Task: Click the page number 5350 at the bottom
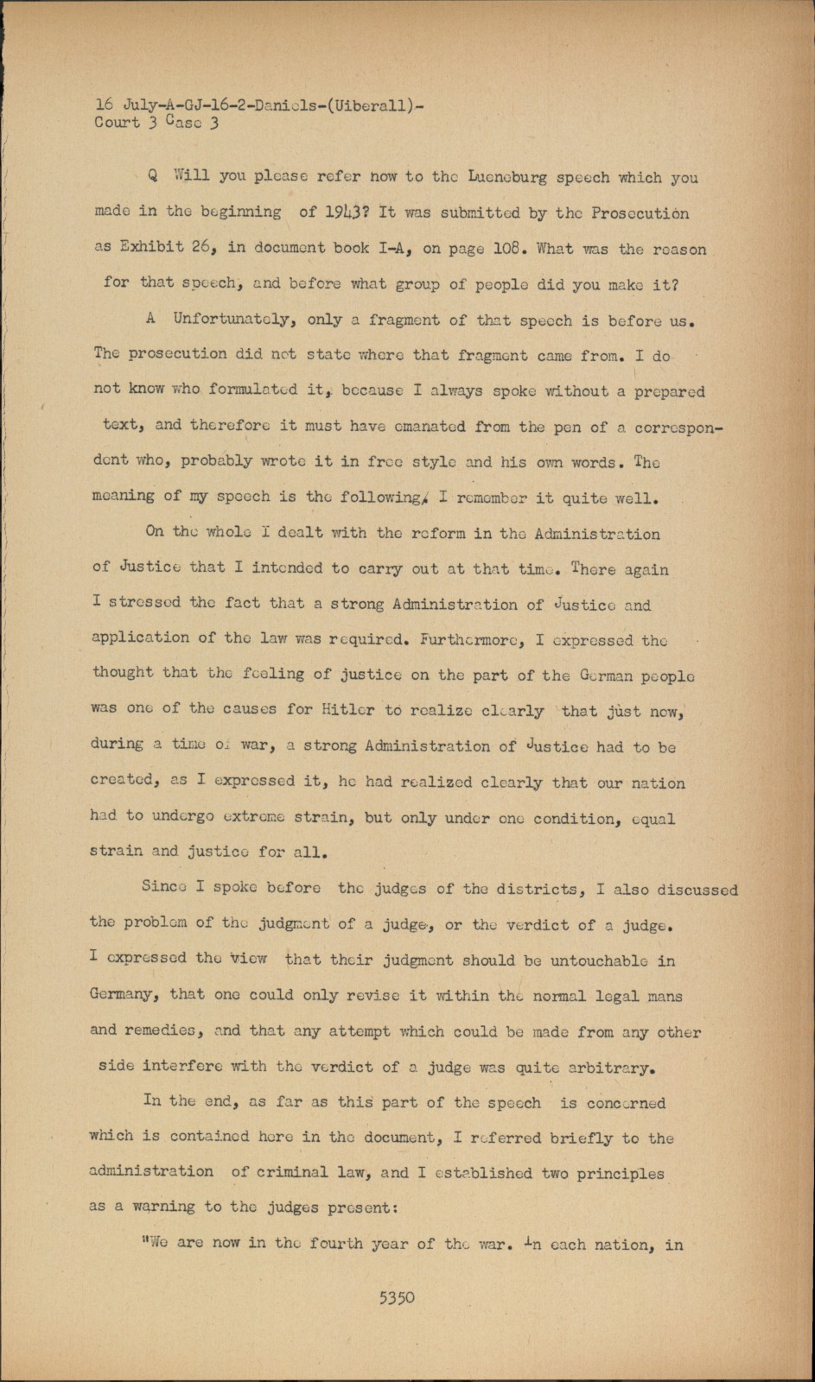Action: coord(397,1296)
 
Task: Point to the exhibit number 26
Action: coord(202,248)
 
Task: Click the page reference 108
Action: coord(506,249)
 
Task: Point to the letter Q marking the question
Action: coord(153,177)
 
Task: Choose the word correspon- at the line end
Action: coord(679,426)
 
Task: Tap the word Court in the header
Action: coord(117,123)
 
